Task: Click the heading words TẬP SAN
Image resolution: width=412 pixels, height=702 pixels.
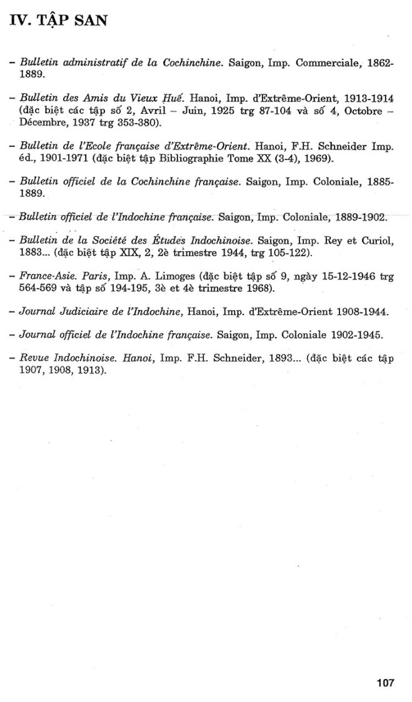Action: point(71,21)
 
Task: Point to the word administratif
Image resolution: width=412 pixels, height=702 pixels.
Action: point(92,64)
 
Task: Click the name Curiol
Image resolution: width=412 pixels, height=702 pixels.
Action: point(377,241)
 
